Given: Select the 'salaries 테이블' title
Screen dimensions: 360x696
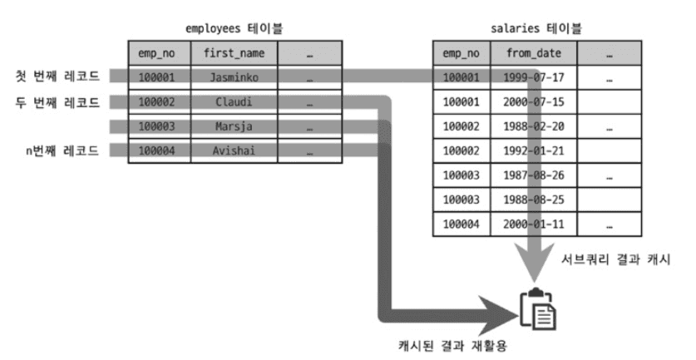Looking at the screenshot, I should pos(536,28).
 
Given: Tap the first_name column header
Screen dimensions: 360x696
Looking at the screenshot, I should pos(234,53).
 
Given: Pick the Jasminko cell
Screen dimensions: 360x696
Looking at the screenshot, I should pos(234,77).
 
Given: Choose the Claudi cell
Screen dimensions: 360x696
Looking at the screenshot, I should pos(234,103).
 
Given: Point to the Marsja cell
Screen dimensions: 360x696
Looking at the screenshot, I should pos(234,127).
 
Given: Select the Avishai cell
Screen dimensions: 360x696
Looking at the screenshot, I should pos(234,151).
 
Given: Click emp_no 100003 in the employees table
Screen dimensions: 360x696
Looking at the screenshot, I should pos(158,127).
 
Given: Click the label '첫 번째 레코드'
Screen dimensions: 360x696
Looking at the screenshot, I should pos(58,77).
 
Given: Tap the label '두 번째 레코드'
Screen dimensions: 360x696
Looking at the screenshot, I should pos(58,103).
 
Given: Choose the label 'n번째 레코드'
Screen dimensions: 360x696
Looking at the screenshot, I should pos(63,151).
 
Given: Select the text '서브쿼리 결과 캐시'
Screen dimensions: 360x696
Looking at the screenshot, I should pos(615,260).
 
